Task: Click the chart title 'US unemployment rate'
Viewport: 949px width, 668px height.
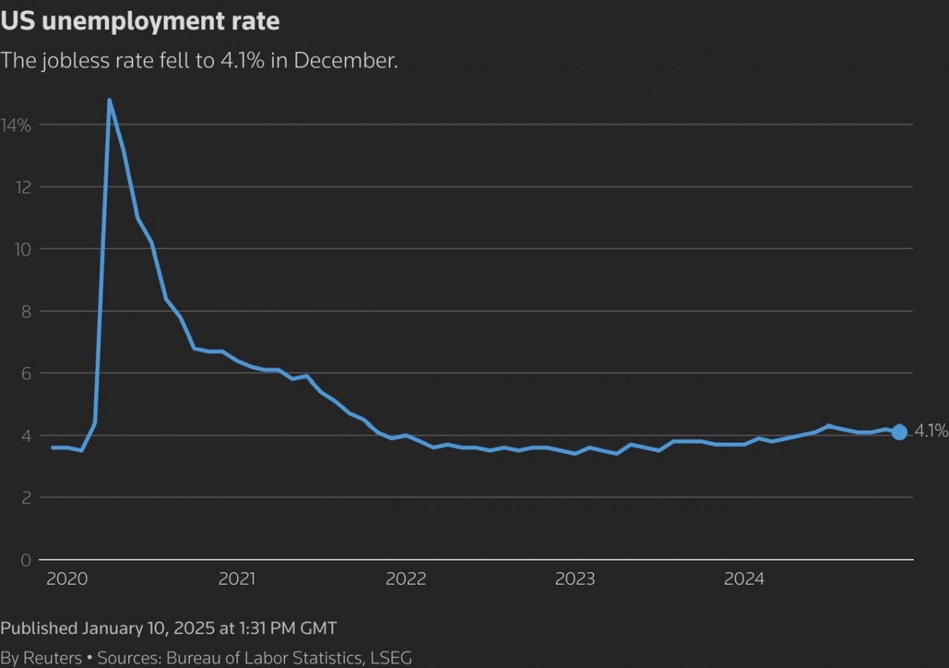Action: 140,21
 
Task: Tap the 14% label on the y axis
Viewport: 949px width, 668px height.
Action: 16,125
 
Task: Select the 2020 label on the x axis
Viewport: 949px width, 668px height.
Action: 67,579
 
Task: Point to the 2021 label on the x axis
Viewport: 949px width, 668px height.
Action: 236,579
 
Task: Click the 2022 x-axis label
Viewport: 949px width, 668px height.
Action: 406,579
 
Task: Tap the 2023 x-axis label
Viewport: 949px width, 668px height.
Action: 575,579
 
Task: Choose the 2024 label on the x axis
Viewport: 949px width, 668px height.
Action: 744,579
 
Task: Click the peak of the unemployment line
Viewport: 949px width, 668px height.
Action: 109,100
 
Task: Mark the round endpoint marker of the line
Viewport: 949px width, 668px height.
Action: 899,432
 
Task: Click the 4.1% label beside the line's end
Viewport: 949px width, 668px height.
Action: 931,431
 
